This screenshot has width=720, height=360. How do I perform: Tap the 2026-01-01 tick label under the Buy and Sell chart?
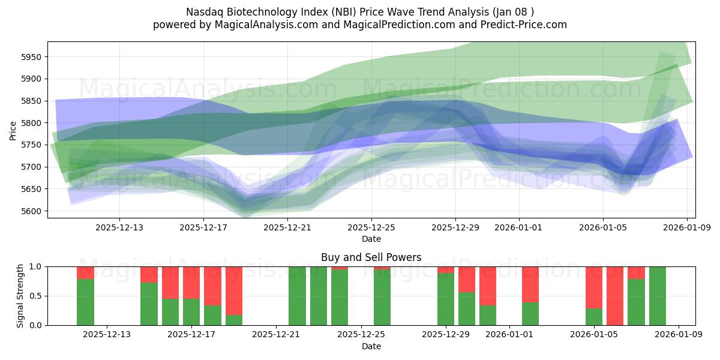tap(509, 335)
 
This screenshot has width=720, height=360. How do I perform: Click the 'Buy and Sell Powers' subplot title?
tap(371, 257)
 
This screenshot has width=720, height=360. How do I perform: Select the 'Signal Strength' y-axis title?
tap(20, 296)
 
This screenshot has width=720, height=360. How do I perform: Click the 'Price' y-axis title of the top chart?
tap(13, 130)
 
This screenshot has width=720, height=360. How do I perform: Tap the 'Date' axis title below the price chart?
tap(371, 239)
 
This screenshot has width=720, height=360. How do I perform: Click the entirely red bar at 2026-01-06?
tap(615, 296)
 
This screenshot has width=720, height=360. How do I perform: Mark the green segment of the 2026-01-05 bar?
tap(594, 317)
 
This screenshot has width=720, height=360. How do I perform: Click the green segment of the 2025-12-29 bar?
tap(446, 299)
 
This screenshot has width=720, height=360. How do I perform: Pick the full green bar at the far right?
tap(658, 296)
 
